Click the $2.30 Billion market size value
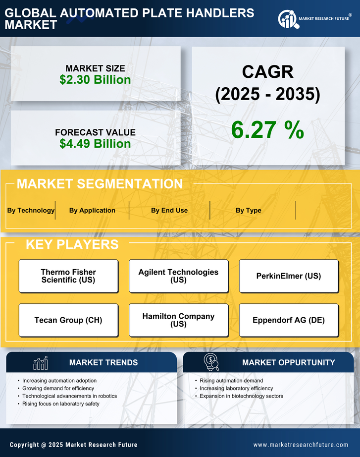point(95,80)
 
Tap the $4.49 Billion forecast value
point(95,144)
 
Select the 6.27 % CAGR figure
point(267,130)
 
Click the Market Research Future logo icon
point(287,19)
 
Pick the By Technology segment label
point(31,210)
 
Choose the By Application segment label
point(92,210)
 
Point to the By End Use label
point(169,210)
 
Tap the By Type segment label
point(249,210)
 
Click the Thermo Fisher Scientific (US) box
point(68,276)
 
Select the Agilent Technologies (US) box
point(178,276)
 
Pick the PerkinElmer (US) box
point(289,276)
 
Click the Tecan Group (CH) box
point(68,320)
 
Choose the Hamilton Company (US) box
point(178,320)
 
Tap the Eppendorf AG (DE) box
point(289,320)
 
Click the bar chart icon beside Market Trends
point(40,363)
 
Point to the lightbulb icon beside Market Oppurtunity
point(211,362)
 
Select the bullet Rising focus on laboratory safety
point(61,404)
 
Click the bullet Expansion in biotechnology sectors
point(241,396)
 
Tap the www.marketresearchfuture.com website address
point(301,445)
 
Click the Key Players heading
point(72,244)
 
